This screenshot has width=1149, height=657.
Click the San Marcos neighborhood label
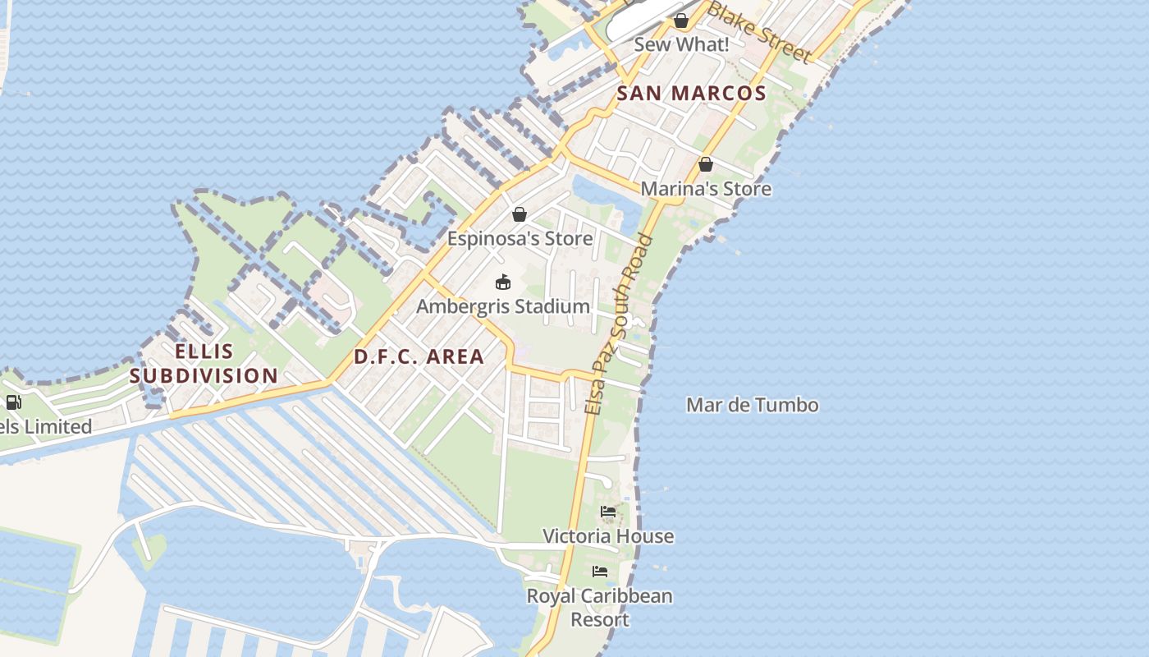coord(691,94)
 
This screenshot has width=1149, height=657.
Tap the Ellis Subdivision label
coord(204,364)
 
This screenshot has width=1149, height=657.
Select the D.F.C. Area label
coord(419,357)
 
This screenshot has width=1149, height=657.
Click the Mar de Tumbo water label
coord(752,405)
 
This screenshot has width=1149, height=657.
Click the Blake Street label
coord(759,31)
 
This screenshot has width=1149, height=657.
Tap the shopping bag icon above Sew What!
coord(681,21)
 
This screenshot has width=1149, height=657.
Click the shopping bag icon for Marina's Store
coord(705,164)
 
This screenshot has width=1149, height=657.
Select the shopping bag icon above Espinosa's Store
coord(520,214)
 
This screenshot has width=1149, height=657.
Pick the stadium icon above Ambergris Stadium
coord(503,283)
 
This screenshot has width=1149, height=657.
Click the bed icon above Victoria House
coord(608,512)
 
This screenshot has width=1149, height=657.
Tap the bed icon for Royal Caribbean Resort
coord(600,572)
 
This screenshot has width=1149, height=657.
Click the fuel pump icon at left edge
coord(13,402)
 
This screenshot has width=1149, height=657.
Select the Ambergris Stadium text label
coord(503,306)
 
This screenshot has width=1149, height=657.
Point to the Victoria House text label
coord(608,536)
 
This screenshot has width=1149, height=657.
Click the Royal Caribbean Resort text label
coord(600,608)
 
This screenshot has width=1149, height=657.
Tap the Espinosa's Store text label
coord(520,239)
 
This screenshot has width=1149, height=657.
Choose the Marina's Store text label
coord(706,189)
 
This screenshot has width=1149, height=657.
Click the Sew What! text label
coord(681,45)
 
